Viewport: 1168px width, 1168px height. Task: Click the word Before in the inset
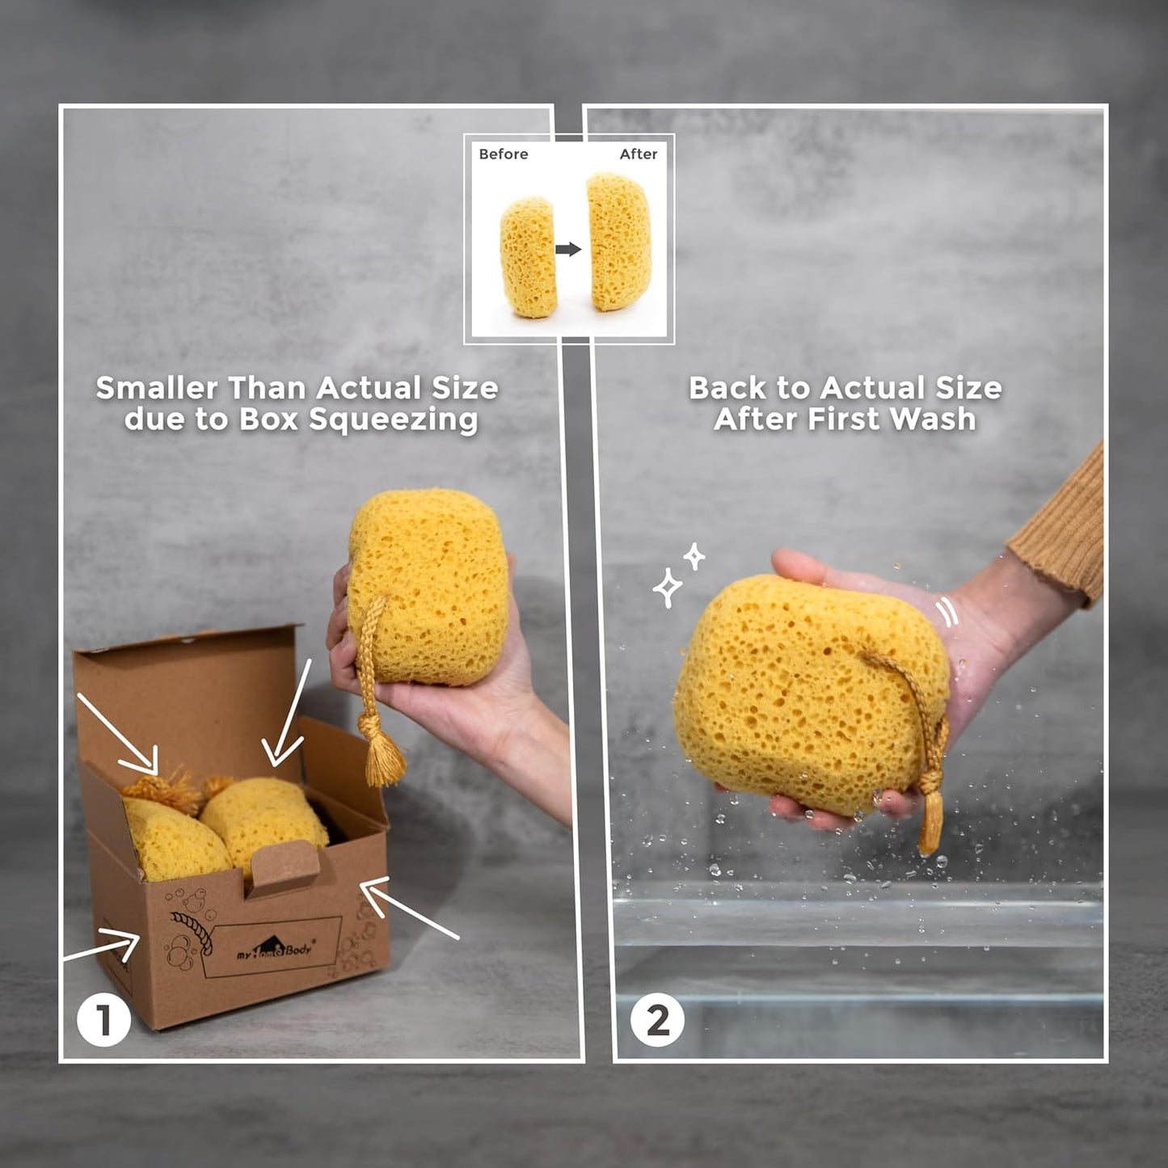503,154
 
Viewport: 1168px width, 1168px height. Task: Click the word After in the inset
638,154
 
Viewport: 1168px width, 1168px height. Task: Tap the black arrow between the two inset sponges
568,249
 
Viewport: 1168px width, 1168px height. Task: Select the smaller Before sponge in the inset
528,257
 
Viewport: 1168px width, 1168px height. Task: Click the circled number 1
103,1020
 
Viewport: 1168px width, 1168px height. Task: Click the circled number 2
657,1020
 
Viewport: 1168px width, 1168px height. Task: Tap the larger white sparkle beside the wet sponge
668,588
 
